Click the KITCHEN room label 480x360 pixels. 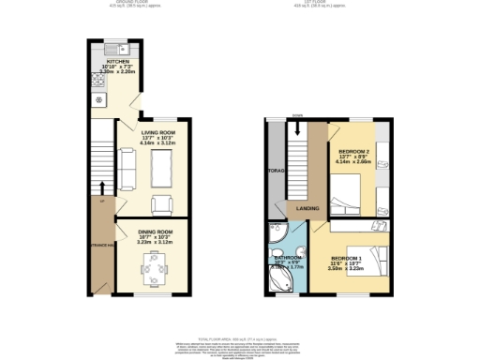(118, 61)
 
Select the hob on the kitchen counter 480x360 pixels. (98, 99)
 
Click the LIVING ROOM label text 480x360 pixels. (156, 133)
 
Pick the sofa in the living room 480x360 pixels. (128, 170)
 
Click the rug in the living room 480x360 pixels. (160, 170)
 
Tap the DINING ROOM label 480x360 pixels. (156, 231)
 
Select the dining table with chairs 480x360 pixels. (153, 271)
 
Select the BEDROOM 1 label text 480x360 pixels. (348, 258)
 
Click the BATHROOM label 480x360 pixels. (286, 256)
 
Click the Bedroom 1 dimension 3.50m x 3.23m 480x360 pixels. (348, 269)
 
